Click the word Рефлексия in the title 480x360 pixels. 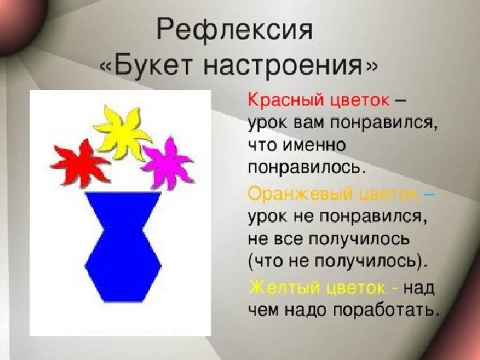235,31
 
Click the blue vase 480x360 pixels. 123,247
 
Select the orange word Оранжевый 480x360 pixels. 300,194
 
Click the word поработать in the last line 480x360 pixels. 384,311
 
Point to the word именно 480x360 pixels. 313,145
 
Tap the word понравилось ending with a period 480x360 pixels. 307,168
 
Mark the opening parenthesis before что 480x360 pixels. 251,263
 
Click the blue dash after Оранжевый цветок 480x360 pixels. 429,195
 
